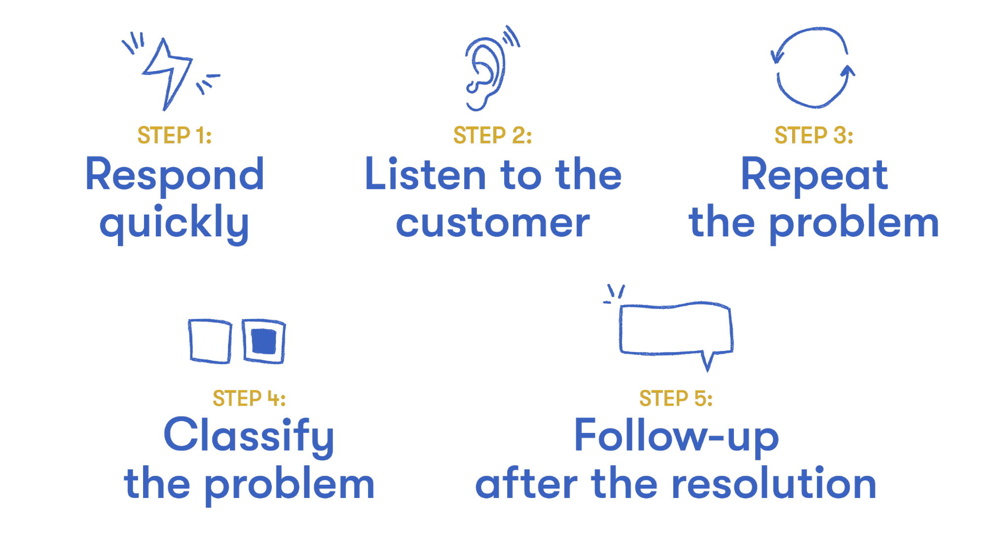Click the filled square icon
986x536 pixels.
pos(264,341)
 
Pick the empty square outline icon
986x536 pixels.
pos(210,341)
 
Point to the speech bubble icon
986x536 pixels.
pos(676,329)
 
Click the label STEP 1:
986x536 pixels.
pos(175,135)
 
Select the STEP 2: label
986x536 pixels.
pos(492,135)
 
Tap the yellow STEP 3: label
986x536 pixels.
pos(813,135)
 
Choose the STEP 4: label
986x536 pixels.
pos(249,398)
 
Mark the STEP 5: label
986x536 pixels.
pos(676,398)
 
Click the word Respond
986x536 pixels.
pos(175,176)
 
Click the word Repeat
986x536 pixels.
pos(814,176)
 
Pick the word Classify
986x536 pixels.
pos(249,436)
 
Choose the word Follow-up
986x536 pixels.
pos(676,436)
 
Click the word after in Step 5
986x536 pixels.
pos(526,484)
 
